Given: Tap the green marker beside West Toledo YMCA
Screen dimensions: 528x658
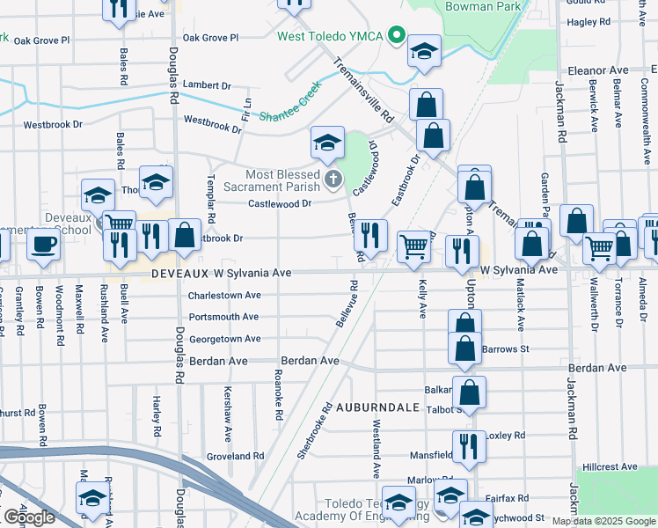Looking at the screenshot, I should [x=397, y=36].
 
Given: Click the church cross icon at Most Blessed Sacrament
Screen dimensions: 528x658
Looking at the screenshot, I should [x=333, y=180].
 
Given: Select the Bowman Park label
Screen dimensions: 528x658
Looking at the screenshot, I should [x=484, y=5].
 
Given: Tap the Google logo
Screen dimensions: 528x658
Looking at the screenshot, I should [x=29, y=516].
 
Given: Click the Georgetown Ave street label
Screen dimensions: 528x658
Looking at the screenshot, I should [x=224, y=339].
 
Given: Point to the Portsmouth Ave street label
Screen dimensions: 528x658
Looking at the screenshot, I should [x=223, y=317].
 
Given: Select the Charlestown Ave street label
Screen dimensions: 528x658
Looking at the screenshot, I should [x=224, y=296].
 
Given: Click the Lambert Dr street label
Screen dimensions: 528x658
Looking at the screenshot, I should [x=207, y=86].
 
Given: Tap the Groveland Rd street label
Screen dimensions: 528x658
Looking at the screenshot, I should [x=235, y=457].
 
